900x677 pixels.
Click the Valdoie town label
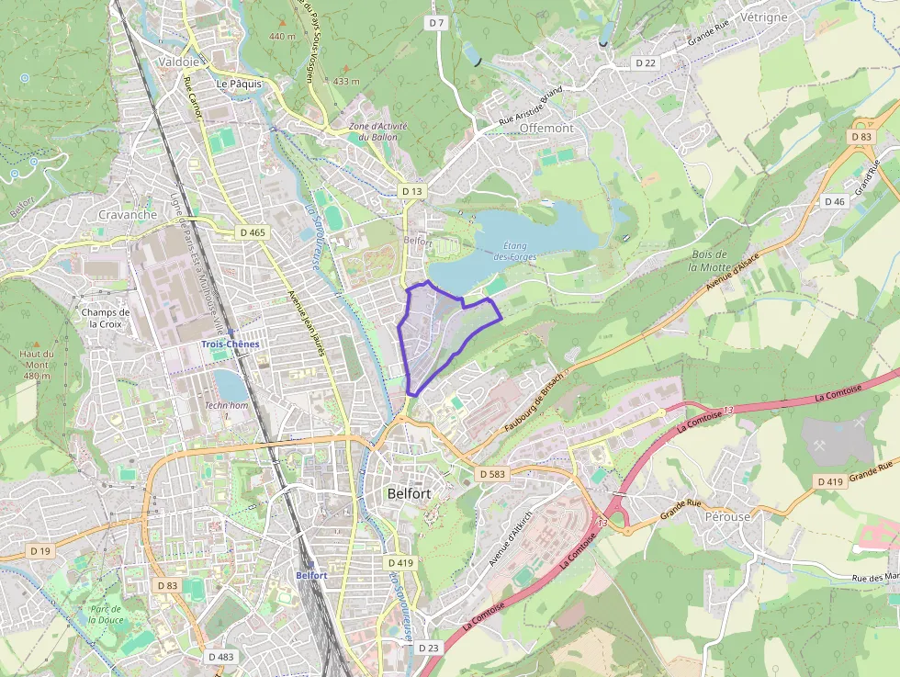(178, 62)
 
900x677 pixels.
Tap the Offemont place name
(546, 129)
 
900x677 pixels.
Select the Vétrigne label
(763, 17)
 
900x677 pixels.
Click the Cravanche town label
(127, 215)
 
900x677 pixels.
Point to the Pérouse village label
(728, 517)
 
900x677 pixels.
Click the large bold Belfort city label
(410, 493)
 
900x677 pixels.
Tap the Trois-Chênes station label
(231, 344)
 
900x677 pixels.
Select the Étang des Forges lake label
(514, 250)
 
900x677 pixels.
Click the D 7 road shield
(436, 22)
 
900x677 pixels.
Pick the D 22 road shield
(646, 62)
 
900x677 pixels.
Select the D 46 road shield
(835, 201)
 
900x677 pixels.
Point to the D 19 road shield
(39, 550)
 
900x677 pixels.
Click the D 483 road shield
(220, 657)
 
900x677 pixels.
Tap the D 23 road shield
(429, 648)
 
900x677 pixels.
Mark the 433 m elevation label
(346, 81)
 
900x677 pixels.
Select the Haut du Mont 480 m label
(37, 365)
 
